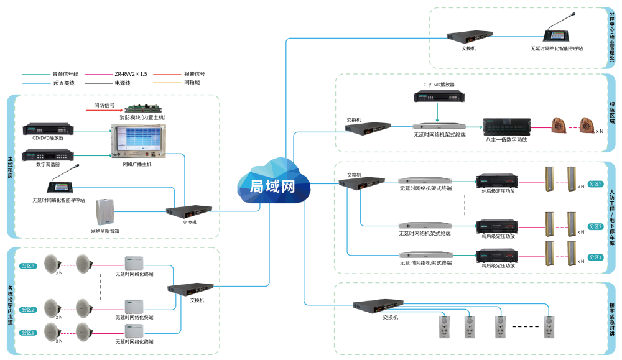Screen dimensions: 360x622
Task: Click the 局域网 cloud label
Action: [x=272, y=186]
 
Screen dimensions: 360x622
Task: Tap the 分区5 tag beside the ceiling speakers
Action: [x=28, y=265]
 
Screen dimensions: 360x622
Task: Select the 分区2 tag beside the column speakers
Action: [x=595, y=227]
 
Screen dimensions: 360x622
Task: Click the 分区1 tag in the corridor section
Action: [x=28, y=333]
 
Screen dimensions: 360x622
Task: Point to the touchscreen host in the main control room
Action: [x=139, y=141]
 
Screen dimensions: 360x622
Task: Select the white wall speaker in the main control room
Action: [x=106, y=212]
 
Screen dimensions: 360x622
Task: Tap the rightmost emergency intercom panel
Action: [x=549, y=327]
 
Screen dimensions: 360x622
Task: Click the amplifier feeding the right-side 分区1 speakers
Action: [x=497, y=255]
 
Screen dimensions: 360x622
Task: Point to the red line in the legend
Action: [x=167, y=75]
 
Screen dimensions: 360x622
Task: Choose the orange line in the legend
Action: [x=167, y=83]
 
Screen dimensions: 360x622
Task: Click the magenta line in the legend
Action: [x=98, y=75]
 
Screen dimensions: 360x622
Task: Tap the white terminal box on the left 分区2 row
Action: [x=134, y=307]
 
